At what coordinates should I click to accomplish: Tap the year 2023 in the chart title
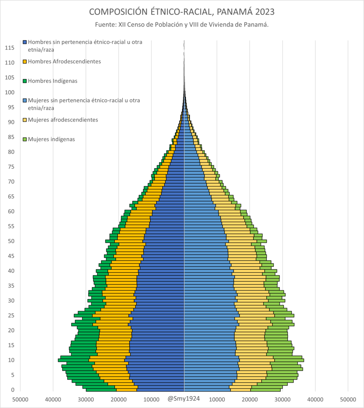point(265,12)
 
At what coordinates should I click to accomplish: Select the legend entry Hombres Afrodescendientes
point(64,62)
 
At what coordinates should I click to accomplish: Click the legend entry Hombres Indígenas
point(53,81)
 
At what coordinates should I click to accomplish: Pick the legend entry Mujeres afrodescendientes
point(63,120)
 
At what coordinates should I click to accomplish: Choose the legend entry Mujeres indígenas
point(52,139)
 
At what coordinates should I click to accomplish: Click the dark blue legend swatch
point(25,42)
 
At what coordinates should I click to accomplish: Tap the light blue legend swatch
point(25,100)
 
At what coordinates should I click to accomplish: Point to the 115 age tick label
point(9,48)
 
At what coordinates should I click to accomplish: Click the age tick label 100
point(9,92)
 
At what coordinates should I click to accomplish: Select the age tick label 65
point(11,197)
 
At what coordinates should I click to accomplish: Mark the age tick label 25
point(11,316)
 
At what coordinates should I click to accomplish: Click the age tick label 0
point(13,390)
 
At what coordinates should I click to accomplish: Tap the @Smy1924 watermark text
point(184,399)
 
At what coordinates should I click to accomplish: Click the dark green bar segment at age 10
point(74,360)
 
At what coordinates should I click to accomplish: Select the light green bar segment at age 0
point(265,390)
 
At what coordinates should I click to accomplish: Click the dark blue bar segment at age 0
point(161,390)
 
